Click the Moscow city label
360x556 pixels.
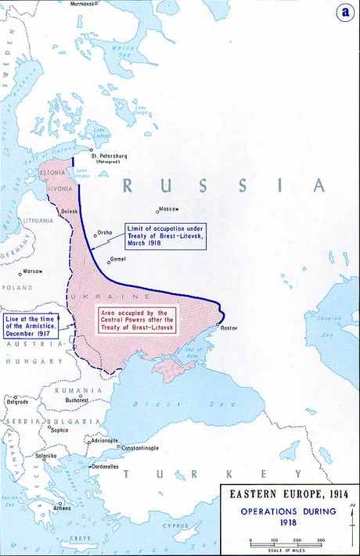(x=169, y=209)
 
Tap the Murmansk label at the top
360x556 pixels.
(x=85, y=4)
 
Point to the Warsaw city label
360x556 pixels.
(x=32, y=271)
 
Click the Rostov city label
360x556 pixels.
(x=229, y=328)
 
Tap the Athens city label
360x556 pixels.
(x=62, y=508)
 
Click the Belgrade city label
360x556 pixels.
(x=16, y=401)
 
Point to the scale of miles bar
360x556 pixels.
(x=285, y=542)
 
